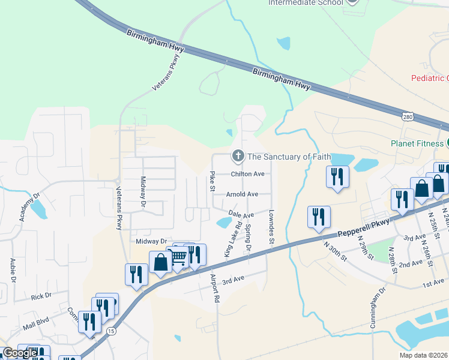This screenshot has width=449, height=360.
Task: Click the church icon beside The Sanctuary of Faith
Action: click(238, 157)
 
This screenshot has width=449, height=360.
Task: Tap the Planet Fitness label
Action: click(416, 143)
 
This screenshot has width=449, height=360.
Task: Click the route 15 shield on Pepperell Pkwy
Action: click(111, 331)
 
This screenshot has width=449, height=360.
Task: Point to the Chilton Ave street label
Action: click(248, 174)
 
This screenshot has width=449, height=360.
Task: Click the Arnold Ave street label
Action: click(242, 194)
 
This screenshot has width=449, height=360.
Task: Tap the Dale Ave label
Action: click(241, 214)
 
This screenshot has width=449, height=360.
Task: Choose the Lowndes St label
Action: click(271, 226)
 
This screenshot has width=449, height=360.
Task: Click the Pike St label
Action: click(212, 181)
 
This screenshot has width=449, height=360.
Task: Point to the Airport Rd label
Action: click(214, 287)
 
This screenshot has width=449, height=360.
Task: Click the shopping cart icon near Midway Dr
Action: click(178, 257)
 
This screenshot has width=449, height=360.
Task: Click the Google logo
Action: click(20, 353)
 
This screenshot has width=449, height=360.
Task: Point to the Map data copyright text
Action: click(423, 355)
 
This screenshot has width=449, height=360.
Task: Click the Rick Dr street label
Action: click(41, 296)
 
